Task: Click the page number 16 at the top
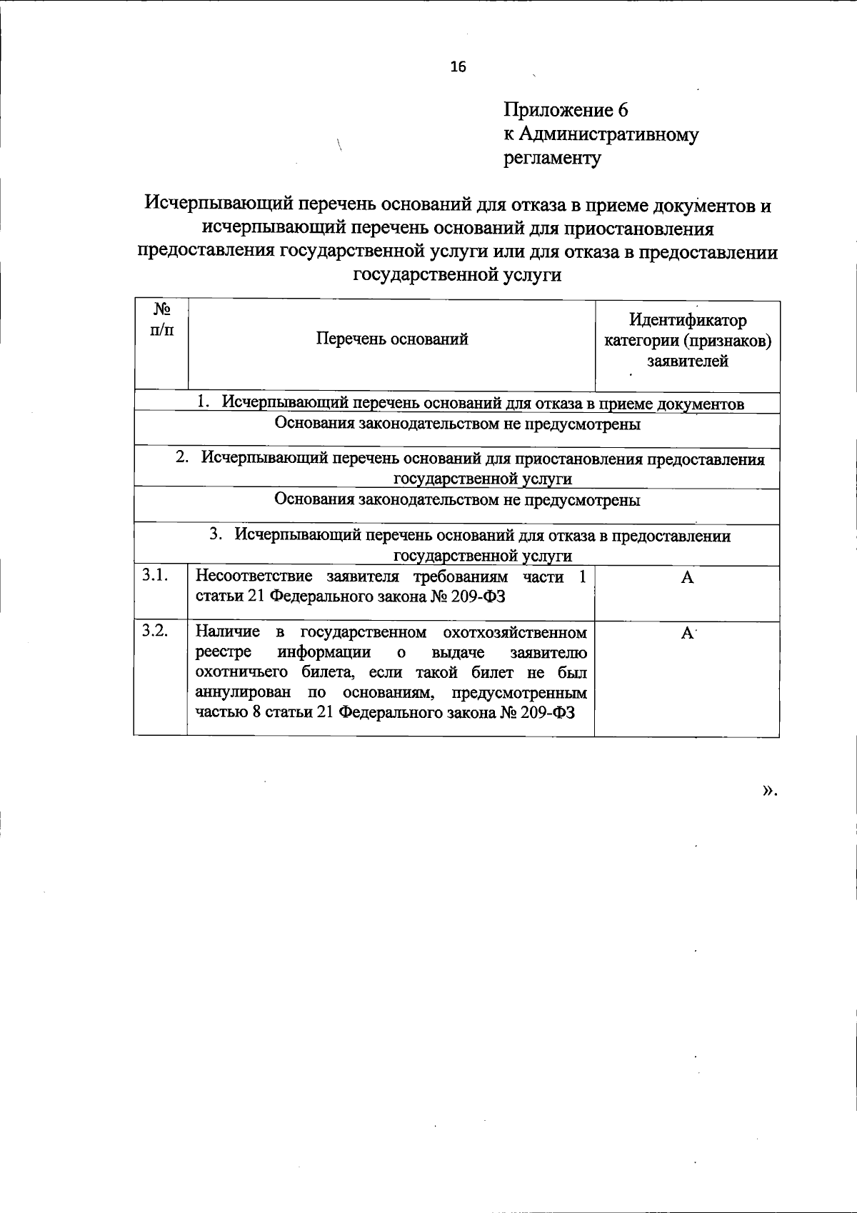[458, 67]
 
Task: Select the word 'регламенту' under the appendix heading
[552, 157]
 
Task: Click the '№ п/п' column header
[161, 319]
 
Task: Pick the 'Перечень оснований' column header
[392, 339]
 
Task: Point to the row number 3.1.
[155, 575]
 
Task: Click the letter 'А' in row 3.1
[687, 578]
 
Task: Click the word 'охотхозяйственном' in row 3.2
[515, 632]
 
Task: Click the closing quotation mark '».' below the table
[768, 791]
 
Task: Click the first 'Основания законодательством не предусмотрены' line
[457, 424]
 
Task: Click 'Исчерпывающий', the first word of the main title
[219, 206]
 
